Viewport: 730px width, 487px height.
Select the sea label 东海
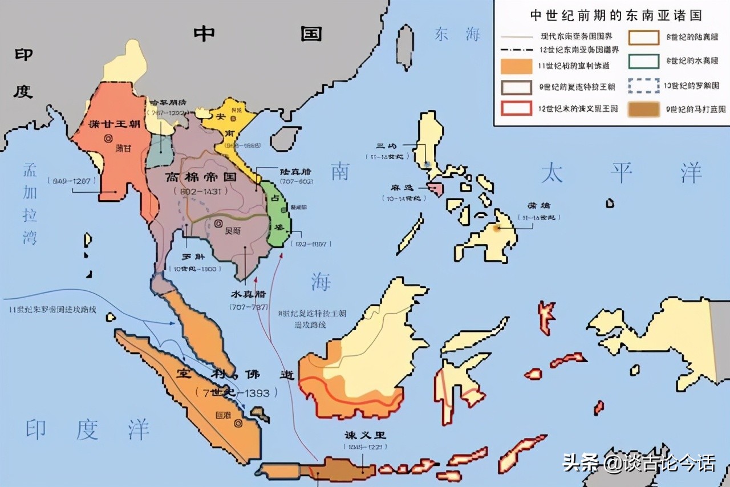click(457, 34)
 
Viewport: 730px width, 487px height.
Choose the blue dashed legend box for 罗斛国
click(644, 86)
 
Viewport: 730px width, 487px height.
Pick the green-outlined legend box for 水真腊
click(644, 62)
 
